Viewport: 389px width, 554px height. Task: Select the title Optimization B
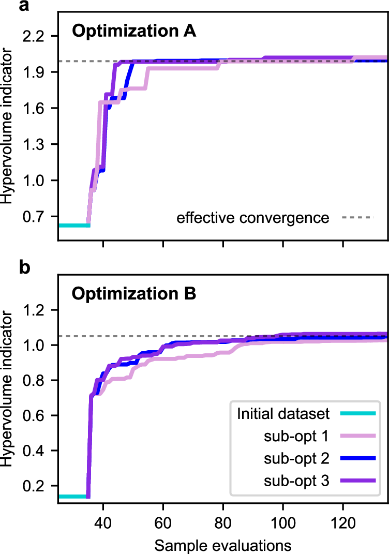134,294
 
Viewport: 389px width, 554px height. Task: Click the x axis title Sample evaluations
222,544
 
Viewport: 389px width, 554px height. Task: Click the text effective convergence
252,218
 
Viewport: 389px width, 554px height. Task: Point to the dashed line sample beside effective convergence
357,218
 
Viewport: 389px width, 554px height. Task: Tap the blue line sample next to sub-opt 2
357,458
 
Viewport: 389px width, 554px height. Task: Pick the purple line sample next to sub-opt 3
357,481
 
